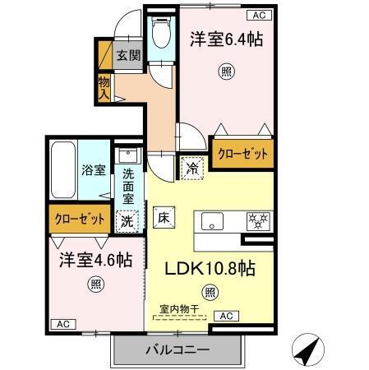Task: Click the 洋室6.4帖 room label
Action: click(x=228, y=39)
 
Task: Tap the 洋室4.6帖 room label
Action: click(x=95, y=260)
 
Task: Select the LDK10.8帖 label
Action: click(x=211, y=268)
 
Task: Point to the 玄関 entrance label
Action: click(x=127, y=56)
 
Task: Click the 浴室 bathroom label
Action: click(x=93, y=170)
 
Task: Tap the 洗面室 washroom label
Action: click(x=129, y=186)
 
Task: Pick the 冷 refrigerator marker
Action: click(x=191, y=166)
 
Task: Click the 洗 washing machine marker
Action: click(x=127, y=220)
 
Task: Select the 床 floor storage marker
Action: click(x=163, y=219)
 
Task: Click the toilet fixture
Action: click(x=161, y=35)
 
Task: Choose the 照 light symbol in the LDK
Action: click(x=211, y=291)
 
